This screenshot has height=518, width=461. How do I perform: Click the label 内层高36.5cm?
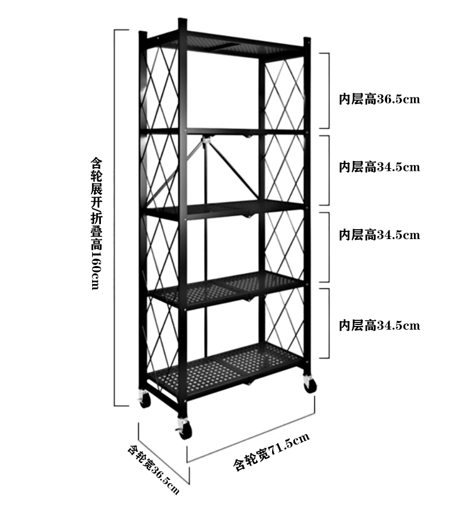[x=379, y=99]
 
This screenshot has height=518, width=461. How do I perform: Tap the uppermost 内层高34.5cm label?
[x=379, y=167]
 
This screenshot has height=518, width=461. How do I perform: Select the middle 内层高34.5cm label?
[x=379, y=235]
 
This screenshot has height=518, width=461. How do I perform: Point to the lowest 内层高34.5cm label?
[x=379, y=325]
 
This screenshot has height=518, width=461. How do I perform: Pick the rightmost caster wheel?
[x=309, y=385]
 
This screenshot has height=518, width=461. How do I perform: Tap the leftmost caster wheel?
[x=143, y=399]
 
